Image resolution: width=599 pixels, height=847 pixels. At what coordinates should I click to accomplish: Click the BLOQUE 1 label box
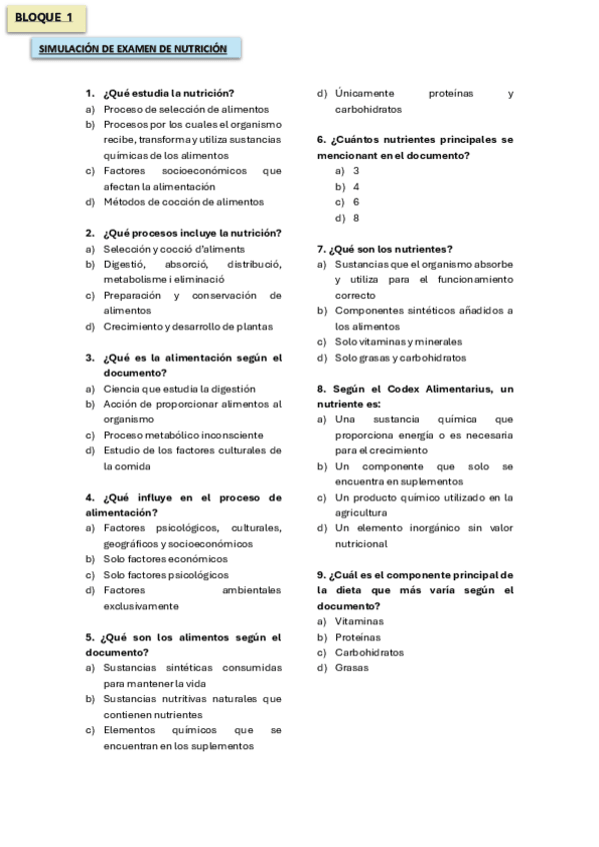[46, 18]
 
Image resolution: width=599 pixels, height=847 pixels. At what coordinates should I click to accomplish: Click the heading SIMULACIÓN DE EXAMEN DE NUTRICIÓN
[133, 49]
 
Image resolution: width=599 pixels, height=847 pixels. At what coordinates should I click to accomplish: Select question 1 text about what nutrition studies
[168, 93]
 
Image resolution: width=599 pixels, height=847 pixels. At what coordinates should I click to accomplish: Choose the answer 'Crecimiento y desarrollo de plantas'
[187, 326]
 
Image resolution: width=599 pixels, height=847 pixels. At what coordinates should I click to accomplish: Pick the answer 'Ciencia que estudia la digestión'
[179, 389]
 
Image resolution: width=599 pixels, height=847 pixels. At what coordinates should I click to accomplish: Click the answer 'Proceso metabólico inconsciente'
[183, 434]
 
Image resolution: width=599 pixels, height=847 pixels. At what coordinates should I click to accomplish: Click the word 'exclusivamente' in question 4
[141, 605]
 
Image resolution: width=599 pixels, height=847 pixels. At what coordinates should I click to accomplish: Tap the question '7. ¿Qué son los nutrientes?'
[384, 249]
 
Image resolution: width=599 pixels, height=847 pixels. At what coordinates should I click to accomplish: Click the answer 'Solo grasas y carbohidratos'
[400, 358]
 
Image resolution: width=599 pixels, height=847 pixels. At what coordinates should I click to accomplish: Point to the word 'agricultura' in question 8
[363, 512]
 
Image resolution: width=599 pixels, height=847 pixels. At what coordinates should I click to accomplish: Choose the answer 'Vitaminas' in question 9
[359, 621]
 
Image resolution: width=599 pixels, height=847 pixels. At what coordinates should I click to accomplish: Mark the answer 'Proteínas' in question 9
[358, 636]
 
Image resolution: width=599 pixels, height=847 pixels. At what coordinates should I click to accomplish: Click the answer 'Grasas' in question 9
[352, 667]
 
